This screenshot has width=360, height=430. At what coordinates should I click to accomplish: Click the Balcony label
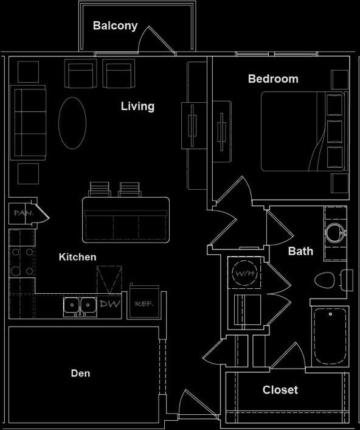[x=115, y=26]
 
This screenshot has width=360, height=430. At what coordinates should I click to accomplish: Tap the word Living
[x=137, y=106]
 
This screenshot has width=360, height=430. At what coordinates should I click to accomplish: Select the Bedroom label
[x=273, y=79]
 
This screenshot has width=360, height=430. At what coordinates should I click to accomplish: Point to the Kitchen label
[x=77, y=257]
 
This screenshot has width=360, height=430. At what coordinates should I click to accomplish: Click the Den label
[x=80, y=373]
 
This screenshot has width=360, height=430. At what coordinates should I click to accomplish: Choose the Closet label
[x=280, y=390]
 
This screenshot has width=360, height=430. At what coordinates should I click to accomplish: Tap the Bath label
[x=300, y=251]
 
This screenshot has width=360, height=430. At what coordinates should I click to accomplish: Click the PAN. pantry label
[x=22, y=213]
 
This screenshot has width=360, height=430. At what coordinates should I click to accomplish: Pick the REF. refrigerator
[x=143, y=303]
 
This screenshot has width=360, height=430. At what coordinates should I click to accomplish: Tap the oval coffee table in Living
[x=72, y=122]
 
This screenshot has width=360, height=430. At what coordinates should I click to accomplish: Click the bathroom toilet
[x=329, y=280]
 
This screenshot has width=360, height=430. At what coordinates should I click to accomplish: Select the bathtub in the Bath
[x=330, y=336]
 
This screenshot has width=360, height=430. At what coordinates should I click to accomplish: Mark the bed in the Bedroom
[x=303, y=131]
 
